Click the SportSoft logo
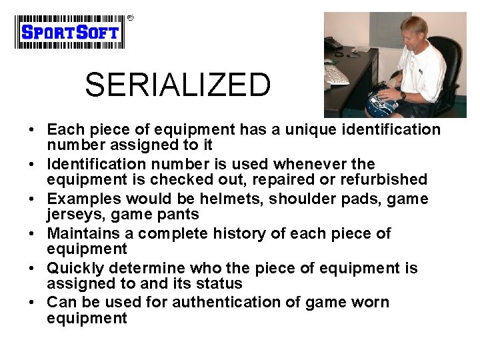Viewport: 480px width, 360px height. pos(70,32)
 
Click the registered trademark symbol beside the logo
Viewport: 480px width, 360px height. pos(130,18)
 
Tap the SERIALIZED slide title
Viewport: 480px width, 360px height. pos(178,85)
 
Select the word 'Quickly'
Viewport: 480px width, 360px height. pos(75,268)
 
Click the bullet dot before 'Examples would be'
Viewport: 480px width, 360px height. pos(33,199)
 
